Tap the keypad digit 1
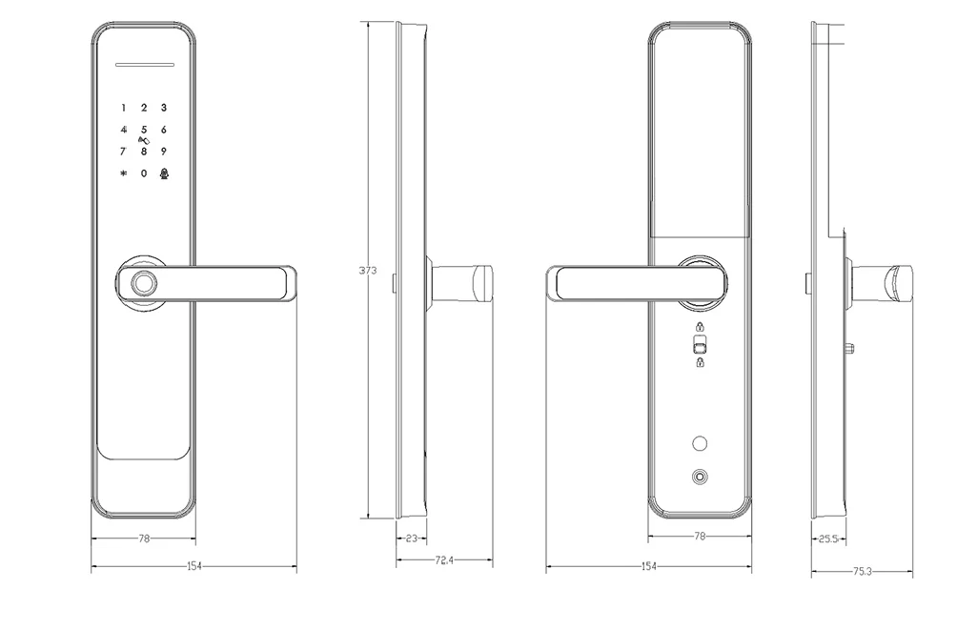123,109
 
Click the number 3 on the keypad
164,109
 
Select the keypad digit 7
123,151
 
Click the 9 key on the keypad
164,151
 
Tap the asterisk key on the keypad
123,173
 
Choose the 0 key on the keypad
144,173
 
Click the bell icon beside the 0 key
164,173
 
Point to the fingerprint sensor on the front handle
145,283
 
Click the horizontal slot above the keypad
144,67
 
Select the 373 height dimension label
368,271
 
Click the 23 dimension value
412,539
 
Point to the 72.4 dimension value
443,560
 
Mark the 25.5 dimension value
828,539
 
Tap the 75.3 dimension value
862,572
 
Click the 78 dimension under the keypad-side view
144,539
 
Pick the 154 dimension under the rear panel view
649,567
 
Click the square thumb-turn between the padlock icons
700,345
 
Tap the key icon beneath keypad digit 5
144,140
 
